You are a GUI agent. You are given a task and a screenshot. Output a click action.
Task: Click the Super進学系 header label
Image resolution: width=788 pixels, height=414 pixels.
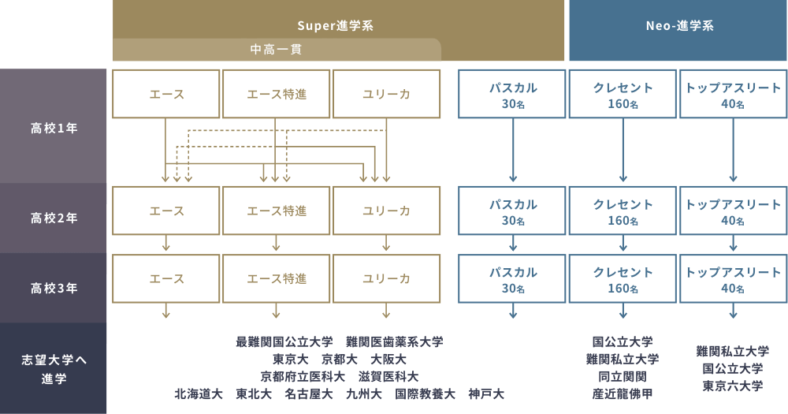tap(335, 26)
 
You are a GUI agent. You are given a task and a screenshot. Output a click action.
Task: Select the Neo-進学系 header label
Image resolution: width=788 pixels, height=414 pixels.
tap(679, 26)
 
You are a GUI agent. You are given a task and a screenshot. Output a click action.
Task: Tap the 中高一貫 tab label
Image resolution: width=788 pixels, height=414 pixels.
tap(277, 50)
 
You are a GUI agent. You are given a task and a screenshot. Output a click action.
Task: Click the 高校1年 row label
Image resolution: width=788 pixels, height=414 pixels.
tap(54, 129)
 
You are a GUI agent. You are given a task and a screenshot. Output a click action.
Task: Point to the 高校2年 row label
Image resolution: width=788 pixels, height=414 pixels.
tap(54, 218)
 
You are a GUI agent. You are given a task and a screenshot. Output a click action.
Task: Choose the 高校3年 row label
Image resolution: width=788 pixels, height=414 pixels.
tap(54, 288)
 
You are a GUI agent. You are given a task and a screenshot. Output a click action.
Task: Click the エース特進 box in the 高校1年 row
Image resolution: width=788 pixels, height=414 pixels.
tap(277, 94)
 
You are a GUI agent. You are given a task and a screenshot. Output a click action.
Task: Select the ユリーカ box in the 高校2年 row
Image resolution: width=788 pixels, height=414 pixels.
tap(386, 211)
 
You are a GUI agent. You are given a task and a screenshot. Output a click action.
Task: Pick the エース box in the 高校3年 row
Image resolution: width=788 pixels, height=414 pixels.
tap(165, 278)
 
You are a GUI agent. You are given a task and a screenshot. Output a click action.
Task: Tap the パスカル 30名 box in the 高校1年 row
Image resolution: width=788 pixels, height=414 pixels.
tap(512, 94)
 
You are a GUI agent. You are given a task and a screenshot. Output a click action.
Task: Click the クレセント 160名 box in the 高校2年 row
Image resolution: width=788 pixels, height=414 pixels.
tap(623, 211)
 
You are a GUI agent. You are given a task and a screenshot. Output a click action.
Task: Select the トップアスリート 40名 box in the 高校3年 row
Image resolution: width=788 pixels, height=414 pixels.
tap(733, 278)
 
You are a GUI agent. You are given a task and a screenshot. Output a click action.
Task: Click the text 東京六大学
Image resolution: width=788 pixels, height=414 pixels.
tap(733, 386)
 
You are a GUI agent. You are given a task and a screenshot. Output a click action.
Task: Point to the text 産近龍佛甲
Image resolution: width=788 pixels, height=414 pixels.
tap(623, 393)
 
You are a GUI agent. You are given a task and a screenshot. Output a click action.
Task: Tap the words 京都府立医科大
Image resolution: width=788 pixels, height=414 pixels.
tap(303, 376)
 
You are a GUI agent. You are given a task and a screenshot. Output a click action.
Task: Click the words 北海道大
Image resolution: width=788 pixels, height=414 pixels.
tap(199, 393)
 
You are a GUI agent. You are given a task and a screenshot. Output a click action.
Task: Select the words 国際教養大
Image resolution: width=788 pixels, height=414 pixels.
tap(426, 393)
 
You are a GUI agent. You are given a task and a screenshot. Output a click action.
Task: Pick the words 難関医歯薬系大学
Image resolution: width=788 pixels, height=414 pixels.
tap(395, 342)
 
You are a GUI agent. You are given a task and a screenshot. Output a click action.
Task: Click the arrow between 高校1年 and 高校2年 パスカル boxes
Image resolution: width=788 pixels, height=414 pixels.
tap(513, 150)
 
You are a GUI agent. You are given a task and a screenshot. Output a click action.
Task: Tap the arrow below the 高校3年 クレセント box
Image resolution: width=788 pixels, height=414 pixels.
tap(623, 311)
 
